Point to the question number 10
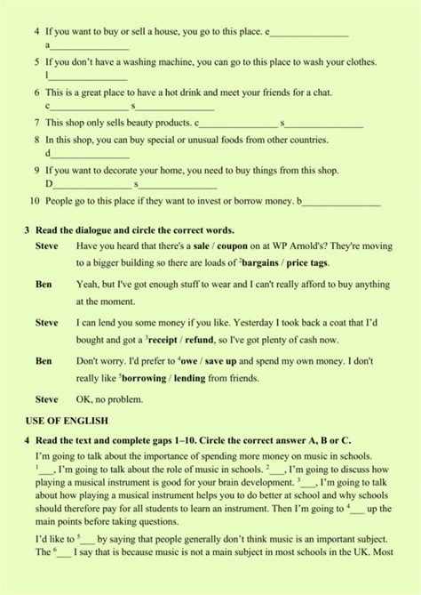click(x=36, y=203)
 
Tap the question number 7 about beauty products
click(x=36, y=123)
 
